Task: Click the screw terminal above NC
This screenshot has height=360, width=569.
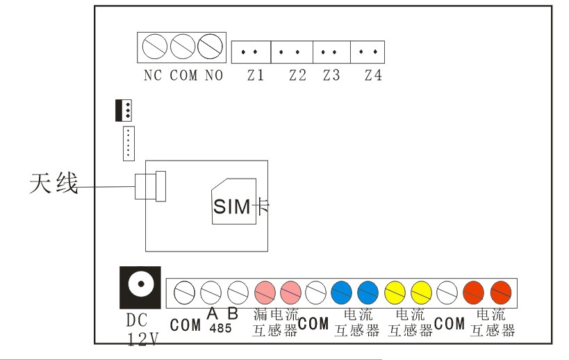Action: (154, 48)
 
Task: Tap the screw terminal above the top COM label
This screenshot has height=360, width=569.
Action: (182, 48)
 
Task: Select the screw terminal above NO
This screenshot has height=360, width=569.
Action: (210, 48)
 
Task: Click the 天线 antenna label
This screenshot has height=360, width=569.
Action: (53, 185)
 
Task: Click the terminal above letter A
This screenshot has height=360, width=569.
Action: (211, 291)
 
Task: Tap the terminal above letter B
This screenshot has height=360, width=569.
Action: (238, 291)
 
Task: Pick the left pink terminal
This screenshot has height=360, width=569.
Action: (265, 291)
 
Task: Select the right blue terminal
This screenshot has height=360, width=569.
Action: (368, 291)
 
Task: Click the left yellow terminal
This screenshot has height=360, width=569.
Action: (395, 291)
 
